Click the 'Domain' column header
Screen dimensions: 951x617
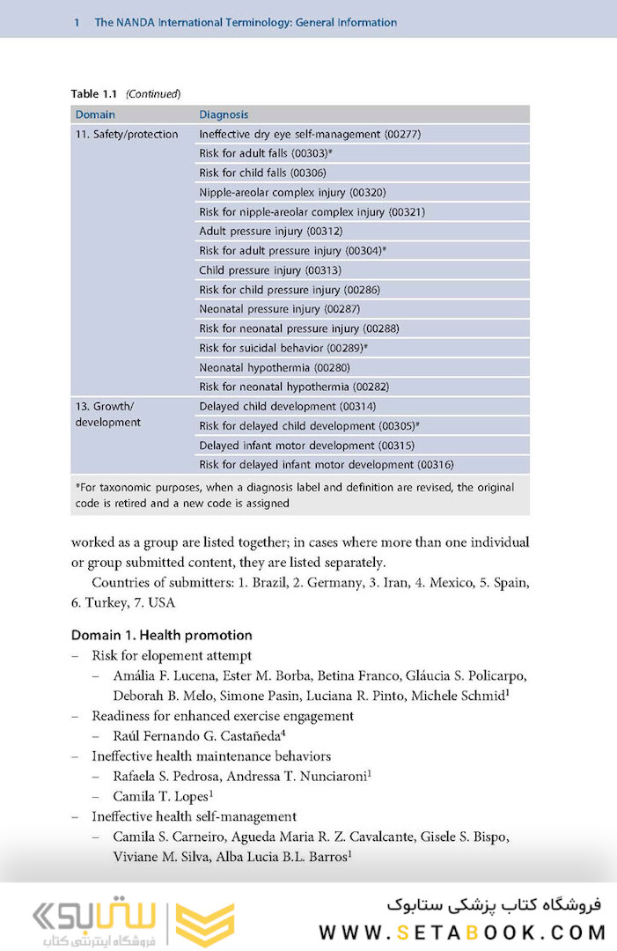pos(95,114)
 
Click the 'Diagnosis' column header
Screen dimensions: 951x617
pos(224,114)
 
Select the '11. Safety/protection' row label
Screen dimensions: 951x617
pos(127,135)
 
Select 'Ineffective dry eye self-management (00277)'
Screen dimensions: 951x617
pos(309,135)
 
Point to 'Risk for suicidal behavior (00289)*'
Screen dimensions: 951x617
pos(283,348)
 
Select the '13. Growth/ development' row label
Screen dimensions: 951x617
pos(108,415)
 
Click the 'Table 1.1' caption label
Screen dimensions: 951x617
pos(96,93)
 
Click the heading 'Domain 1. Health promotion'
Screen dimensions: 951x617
pos(162,635)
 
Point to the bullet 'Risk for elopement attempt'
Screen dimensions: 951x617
pos(172,655)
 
